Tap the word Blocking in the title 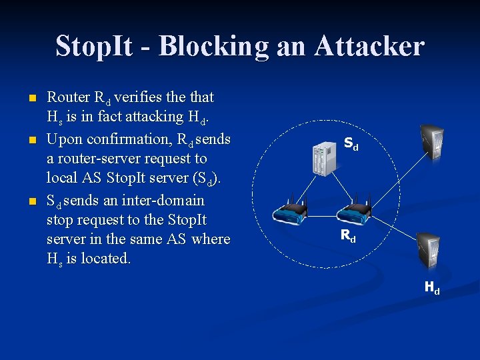[213, 46]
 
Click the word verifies [141, 97]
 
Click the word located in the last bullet [105, 258]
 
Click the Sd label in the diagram [351, 143]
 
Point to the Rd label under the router [348, 235]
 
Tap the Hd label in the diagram [432, 288]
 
